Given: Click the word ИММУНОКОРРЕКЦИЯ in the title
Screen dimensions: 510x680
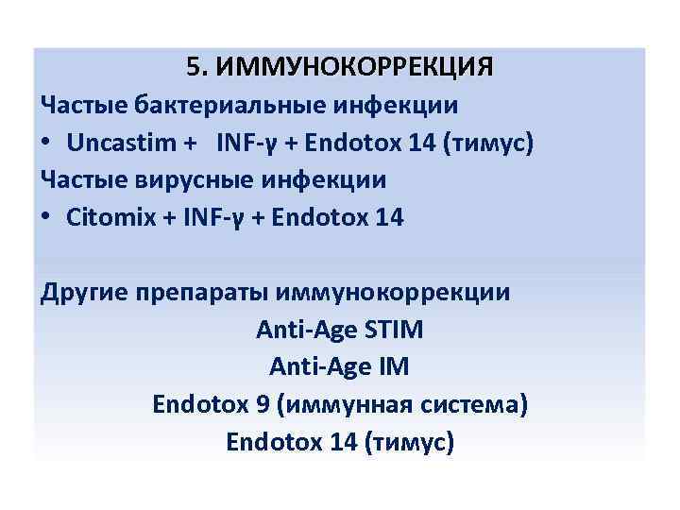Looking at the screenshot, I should click(x=354, y=68).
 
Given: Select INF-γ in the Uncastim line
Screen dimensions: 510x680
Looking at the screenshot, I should click(x=249, y=143).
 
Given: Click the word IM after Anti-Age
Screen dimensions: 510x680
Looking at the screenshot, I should click(x=392, y=366).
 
